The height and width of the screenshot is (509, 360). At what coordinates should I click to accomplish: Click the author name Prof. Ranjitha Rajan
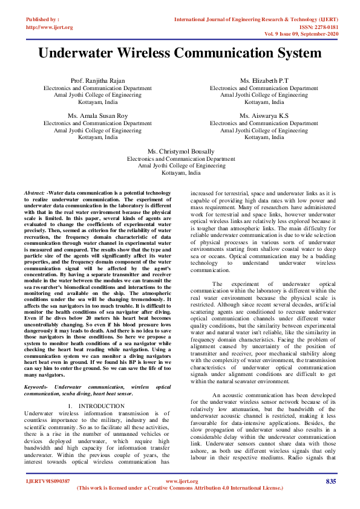97,80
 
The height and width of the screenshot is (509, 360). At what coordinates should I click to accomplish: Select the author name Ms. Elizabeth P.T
263,80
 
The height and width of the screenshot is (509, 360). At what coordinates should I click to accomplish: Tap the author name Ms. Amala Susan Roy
97,115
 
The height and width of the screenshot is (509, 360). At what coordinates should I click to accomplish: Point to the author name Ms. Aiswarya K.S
263,115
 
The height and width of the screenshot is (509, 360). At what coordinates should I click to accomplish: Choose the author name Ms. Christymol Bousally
180,151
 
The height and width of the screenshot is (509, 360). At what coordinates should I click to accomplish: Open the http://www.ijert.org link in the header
50,27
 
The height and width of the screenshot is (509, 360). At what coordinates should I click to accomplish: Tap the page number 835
330,481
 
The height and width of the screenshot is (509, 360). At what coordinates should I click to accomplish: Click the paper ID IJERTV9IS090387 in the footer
48,481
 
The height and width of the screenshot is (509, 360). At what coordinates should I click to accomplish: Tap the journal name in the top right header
255,19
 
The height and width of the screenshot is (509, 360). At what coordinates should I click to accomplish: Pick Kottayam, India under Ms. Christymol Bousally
180,172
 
